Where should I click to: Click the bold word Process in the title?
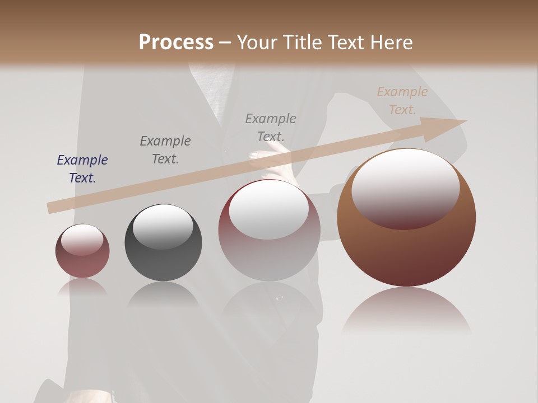(176, 43)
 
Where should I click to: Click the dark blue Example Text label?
(82, 169)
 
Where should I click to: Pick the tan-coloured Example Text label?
(402, 101)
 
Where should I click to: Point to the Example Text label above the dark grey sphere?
(165, 150)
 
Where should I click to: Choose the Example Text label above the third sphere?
(271, 128)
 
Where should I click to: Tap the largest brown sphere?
(406, 246)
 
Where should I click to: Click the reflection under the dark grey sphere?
(163, 294)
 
